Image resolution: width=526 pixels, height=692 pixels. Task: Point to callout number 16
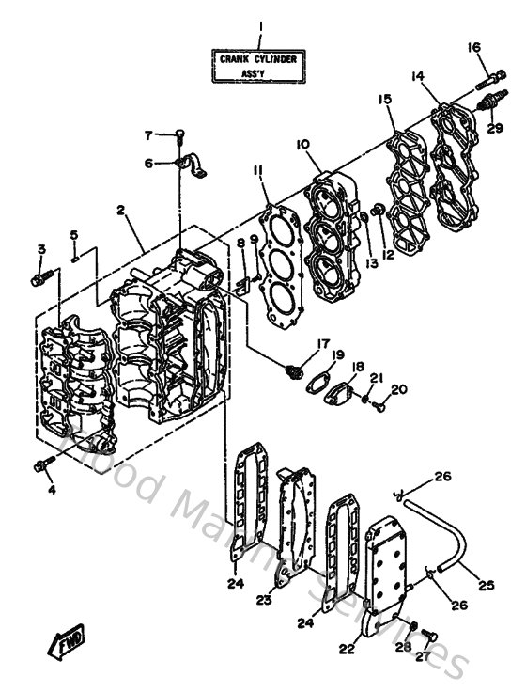[x=473, y=47]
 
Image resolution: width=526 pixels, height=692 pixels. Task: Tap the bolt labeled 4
[x=45, y=464]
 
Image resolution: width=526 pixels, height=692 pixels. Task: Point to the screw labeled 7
[x=179, y=137]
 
